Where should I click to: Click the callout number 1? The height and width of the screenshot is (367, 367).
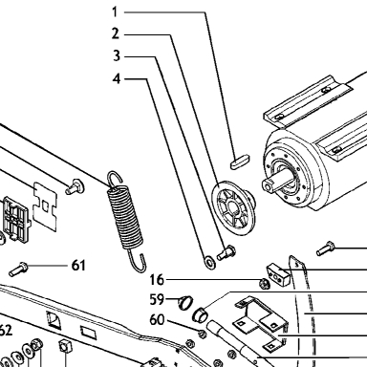115,12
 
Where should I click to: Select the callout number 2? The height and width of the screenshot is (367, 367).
116,33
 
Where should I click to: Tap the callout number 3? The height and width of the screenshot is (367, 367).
117,55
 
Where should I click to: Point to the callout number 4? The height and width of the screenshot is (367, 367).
117,78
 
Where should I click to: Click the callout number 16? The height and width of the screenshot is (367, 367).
157,280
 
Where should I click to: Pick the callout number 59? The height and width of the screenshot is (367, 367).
157,299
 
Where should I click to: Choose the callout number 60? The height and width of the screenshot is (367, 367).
157,319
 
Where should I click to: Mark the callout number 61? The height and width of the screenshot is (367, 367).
78,265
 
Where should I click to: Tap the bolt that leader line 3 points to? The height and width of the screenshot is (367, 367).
227,252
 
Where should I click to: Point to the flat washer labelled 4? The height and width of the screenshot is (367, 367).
209,262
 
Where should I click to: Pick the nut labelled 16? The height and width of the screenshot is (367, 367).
265,282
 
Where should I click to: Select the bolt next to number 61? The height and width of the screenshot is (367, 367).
18,270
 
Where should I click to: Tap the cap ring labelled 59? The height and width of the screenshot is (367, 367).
185,302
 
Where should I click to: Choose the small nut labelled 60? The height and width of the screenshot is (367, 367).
202,334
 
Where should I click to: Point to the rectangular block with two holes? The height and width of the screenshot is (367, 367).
278,273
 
